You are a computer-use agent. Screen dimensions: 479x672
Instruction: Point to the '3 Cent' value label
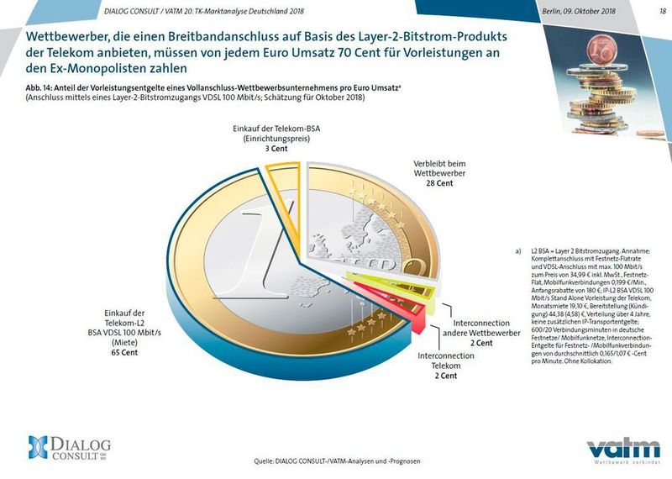[x=265, y=148]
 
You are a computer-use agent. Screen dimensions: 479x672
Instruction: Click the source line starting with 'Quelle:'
[x=336, y=461]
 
